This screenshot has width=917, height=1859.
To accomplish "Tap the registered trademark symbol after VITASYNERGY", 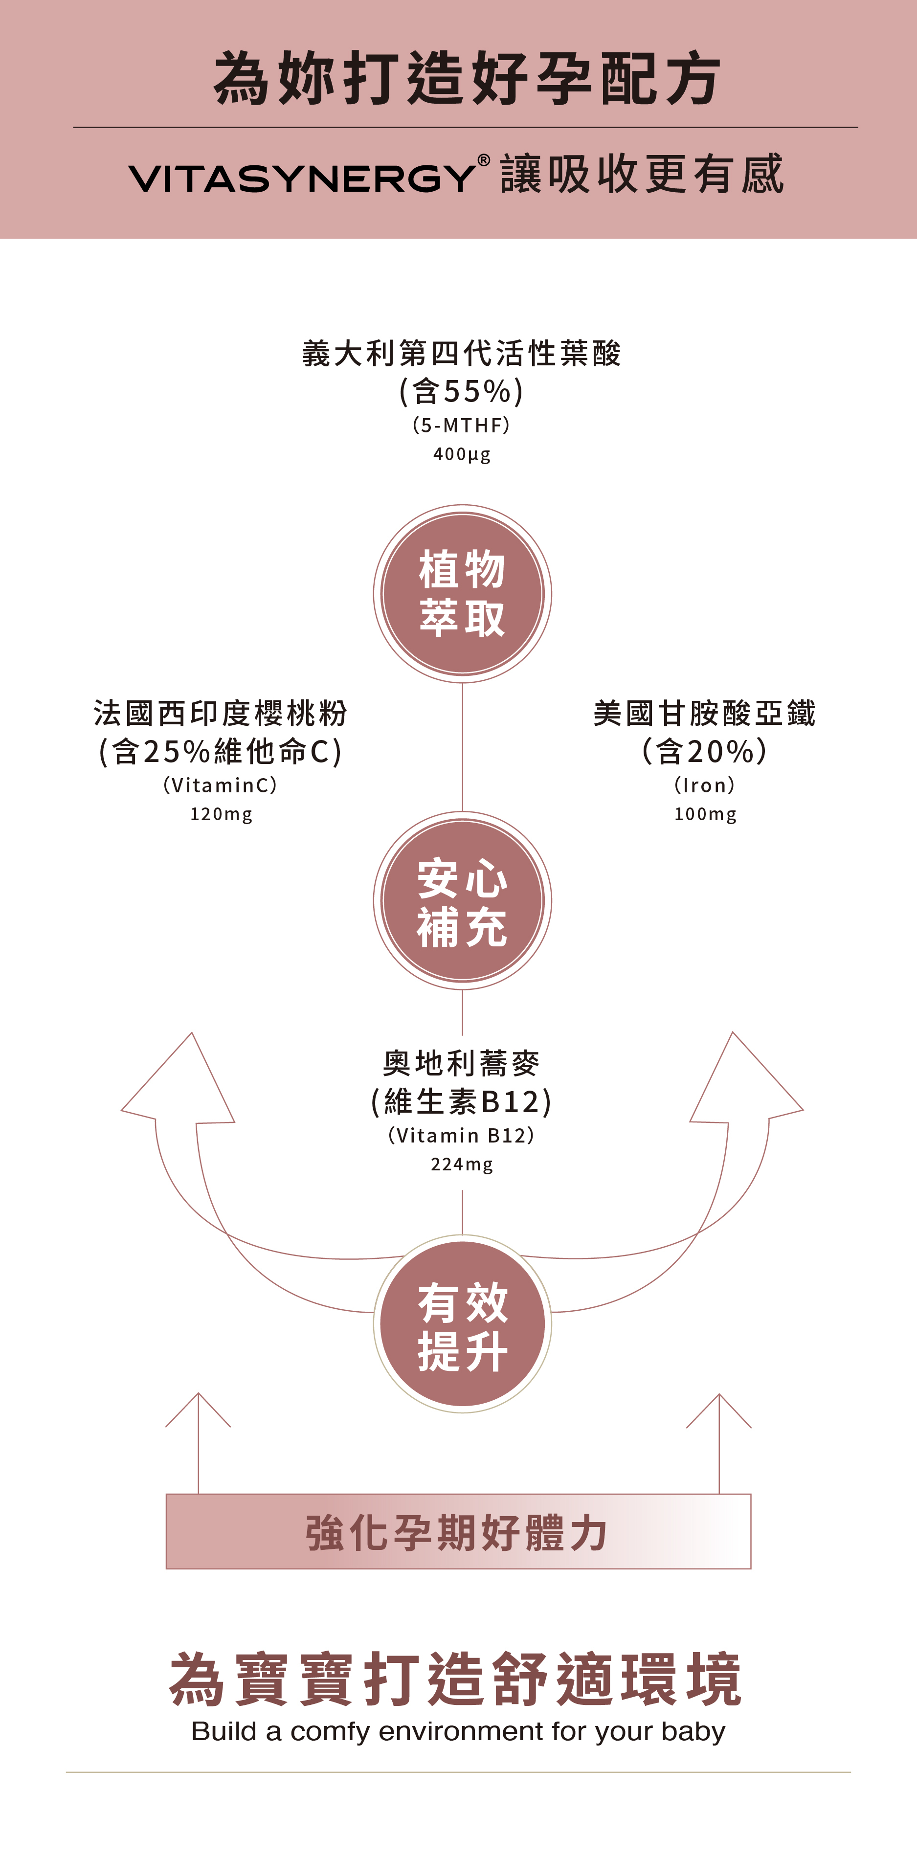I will (x=483, y=160).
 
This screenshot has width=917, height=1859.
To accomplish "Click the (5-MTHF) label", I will (x=462, y=425).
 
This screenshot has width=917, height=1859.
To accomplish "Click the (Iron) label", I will (x=705, y=785).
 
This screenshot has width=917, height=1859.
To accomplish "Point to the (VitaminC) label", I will (x=221, y=785).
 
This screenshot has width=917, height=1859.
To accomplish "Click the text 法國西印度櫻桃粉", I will (x=221, y=713).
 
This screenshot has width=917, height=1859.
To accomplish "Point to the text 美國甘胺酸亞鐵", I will (x=705, y=713).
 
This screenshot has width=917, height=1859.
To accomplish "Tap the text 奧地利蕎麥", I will (x=462, y=1063).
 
